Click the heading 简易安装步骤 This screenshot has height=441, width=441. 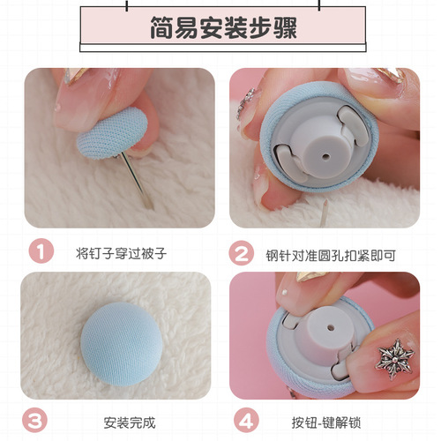click(221, 27)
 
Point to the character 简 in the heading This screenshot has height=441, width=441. click(157, 27)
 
